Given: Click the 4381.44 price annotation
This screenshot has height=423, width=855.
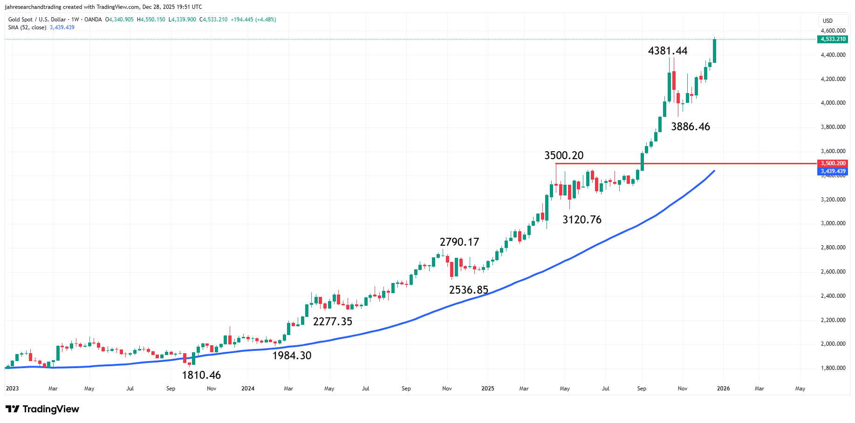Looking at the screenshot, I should pos(667,51).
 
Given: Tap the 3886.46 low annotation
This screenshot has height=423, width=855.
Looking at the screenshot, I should pos(690,127).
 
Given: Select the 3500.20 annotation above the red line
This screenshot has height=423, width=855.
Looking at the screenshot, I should pos(564,155).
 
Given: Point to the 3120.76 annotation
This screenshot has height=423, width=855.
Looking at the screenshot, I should pos(581,220).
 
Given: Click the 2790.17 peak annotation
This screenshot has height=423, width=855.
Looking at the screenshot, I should pos(459,242).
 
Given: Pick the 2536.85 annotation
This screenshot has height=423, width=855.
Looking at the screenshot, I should pos(468,290).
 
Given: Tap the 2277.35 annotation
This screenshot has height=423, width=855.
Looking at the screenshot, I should pos(332,322).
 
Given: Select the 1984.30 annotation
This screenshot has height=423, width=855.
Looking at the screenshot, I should pos(292,356).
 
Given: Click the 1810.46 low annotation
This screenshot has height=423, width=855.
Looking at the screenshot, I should pos(201,375).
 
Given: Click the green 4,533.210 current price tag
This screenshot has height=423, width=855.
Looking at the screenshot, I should pos(833,39).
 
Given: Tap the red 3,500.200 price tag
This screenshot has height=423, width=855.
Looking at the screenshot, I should pos(833,163).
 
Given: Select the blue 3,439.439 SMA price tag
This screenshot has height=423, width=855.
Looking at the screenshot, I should pos(833,171).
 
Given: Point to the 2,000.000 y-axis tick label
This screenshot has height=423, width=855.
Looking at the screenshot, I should pos(833,344).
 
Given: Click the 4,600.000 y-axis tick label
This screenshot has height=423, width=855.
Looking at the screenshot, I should pos(833,31).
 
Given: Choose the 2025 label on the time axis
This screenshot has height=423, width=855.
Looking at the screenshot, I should pos(487,389).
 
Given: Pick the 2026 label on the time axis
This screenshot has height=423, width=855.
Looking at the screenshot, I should pos(723,389).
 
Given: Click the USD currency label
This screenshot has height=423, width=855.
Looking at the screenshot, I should pos(827,20).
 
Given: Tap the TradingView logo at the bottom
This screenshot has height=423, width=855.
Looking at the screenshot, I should pos(42,409).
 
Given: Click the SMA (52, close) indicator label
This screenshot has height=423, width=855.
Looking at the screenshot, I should pos(27,27).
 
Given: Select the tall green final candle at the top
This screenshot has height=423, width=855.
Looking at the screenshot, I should pos(714,51).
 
